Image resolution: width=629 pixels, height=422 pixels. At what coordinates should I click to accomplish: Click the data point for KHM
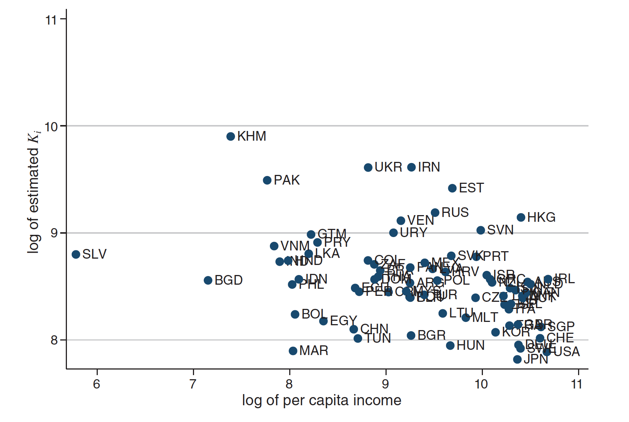(230, 137)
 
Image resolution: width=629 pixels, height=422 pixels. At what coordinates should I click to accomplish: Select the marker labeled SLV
(76, 255)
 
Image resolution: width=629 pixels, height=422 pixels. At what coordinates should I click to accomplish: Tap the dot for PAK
(267, 180)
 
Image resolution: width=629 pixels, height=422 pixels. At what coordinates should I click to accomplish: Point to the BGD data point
(208, 280)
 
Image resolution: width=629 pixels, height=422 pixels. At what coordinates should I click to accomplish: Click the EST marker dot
(452, 188)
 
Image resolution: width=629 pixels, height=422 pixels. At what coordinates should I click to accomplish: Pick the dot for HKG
(521, 217)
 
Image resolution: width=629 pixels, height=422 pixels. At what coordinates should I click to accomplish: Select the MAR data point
(293, 351)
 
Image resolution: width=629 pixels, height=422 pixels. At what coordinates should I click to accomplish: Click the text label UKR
(388, 167)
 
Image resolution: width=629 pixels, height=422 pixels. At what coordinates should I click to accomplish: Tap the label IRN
(429, 167)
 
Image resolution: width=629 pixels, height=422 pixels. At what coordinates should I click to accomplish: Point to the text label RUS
(455, 212)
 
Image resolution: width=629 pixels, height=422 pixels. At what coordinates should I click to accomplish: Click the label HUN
(470, 346)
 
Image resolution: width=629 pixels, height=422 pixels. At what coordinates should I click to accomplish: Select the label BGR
(431, 335)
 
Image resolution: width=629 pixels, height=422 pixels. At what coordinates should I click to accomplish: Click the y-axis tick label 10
(51, 127)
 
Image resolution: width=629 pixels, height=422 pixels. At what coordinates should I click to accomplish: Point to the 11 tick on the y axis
(51, 20)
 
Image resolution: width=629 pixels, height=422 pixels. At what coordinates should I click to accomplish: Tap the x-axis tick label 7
(193, 384)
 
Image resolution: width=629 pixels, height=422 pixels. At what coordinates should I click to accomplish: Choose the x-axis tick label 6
(97, 384)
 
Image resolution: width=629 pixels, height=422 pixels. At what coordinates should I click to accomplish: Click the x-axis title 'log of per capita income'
(322, 400)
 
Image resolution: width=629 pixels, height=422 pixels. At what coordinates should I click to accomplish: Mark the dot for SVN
(481, 230)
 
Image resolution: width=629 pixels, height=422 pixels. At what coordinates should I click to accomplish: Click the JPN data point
(517, 359)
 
